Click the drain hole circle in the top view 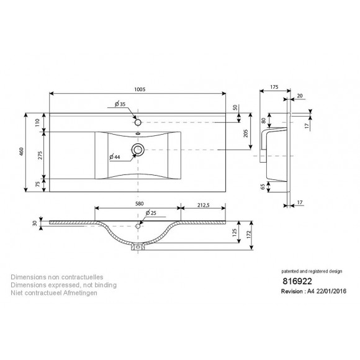(137, 149)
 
